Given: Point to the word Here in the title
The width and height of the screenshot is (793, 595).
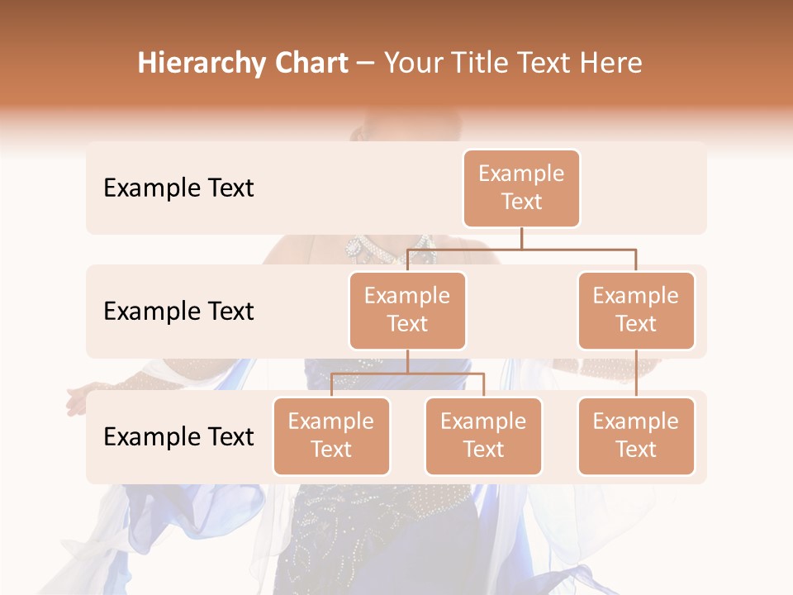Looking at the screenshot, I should click(x=610, y=64).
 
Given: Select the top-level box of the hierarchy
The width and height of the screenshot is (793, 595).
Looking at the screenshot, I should click(x=521, y=188).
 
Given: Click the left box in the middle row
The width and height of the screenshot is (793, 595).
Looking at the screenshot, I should click(x=407, y=311).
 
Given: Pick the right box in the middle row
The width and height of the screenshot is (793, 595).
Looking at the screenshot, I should click(x=636, y=311).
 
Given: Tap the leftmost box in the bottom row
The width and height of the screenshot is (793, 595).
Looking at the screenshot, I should click(x=331, y=436).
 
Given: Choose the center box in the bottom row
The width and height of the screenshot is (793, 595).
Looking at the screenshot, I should click(x=483, y=436).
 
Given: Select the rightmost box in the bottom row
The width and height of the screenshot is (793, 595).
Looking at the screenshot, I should click(x=636, y=436).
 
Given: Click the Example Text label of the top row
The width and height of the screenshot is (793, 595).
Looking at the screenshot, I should click(x=178, y=188).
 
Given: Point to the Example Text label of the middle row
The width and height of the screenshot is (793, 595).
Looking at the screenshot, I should click(x=178, y=312).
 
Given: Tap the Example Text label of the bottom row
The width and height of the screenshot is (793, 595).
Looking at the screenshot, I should click(x=178, y=437).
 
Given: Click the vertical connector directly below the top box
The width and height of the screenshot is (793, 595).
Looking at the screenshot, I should click(x=521, y=237).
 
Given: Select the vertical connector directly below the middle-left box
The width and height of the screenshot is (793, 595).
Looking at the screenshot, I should click(x=407, y=361).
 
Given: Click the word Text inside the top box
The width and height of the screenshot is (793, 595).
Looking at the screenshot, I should click(x=521, y=202).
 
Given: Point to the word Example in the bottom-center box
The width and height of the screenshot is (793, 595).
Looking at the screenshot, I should click(x=483, y=422).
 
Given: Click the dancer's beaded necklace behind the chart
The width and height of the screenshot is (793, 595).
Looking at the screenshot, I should click(x=363, y=247).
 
